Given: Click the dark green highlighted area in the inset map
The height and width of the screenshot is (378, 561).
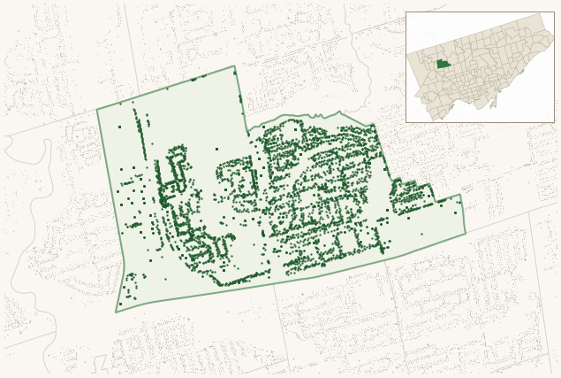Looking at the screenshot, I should pos(443,64).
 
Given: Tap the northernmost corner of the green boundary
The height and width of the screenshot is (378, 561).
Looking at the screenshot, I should pos(234,66).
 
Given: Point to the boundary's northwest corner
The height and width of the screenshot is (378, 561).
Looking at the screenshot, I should pos(97,110).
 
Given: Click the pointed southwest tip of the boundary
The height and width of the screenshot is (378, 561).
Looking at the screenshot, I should pos(116,312).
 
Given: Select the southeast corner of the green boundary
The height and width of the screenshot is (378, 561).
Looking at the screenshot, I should pos(465,234).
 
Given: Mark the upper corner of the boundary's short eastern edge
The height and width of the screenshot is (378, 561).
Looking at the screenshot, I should pos(461,196).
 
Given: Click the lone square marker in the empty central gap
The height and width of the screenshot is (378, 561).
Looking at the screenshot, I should pos(216,149).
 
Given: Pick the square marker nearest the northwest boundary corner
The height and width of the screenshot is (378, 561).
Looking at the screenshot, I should pos(119,127).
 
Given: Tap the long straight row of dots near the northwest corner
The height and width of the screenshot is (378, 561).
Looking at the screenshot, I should pos(138,133).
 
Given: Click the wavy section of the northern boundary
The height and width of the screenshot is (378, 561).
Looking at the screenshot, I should pos(300,118).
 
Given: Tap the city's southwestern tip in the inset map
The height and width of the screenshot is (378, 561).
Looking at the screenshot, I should pos(433,117).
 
